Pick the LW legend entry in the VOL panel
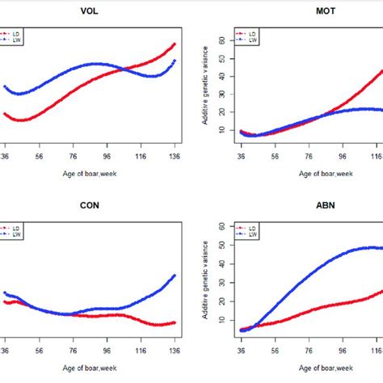(15, 40)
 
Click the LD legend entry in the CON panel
(15, 229)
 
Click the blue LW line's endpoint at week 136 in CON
(175, 276)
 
